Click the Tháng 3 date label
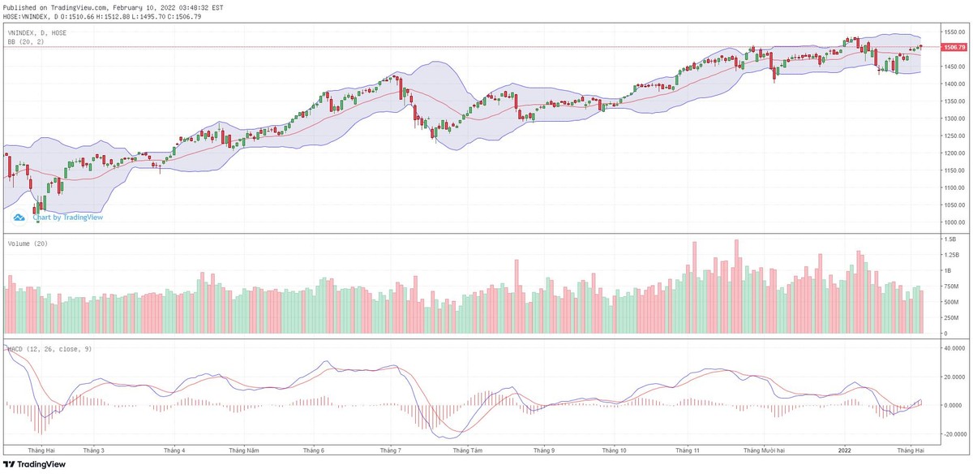tap(94, 450)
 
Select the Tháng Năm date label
tap(243, 450)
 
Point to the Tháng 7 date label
tap(390, 450)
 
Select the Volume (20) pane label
tap(28, 243)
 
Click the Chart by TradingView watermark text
tap(68, 217)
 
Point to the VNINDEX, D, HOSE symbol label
tap(36, 32)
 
